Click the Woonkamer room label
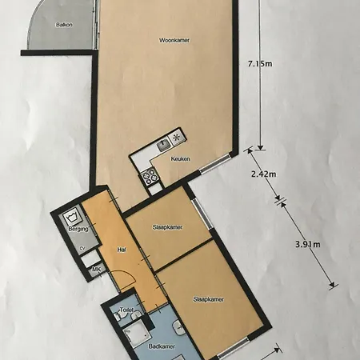(174, 40)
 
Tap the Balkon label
(64, 25)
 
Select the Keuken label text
(181, 159)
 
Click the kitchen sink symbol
(163, 146)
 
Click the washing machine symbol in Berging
(72, 218)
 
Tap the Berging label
(78, 229)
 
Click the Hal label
(122, 250)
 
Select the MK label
(96, 270)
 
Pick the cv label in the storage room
(82, 248)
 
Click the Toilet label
(126, 310)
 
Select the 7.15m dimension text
(260, 64)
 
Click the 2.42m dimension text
(263, 174)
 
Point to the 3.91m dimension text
(308, 244)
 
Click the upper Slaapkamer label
(167, 227)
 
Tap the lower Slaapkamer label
(209, 299)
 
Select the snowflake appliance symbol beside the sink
(177, 138)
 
